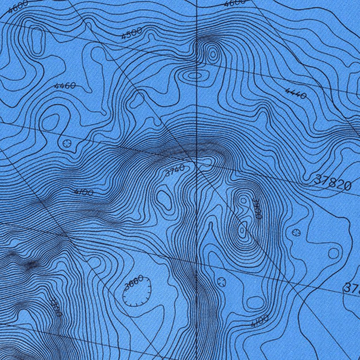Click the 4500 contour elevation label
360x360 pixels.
tap(132, 33)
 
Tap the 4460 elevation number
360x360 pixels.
tap(65, 86)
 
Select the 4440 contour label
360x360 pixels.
tap(296, 94)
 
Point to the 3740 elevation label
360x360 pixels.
tap(174, 171)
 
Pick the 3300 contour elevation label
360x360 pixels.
tap(55, 307)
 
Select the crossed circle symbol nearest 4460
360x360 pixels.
tap(67, 143)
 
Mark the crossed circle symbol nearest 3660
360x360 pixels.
tap(221, 281)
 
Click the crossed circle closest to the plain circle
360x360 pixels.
tap(296, 232)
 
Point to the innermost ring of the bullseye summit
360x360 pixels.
tap(213, 54)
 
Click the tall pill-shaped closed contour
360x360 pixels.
tap(37, 40)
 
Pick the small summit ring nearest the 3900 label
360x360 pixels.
tap(243, 200)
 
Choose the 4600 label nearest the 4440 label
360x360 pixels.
tap(235, 3)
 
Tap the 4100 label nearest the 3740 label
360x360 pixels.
tap(84, 192)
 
